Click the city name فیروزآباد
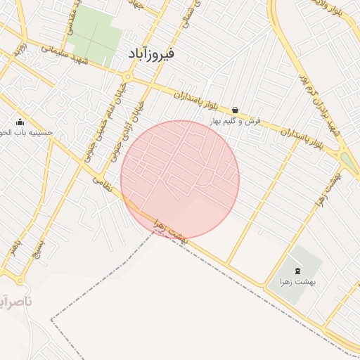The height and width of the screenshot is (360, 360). tap(151, 53)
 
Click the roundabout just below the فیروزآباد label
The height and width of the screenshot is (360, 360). tap(127, 76)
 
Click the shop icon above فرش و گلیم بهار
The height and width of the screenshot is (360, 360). tap(234, 110)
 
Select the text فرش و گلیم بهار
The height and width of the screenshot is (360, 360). tap(235, 121)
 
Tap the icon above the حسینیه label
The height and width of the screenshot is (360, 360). tap(19, 122)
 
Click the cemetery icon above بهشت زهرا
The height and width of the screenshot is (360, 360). tap(296, 271)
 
